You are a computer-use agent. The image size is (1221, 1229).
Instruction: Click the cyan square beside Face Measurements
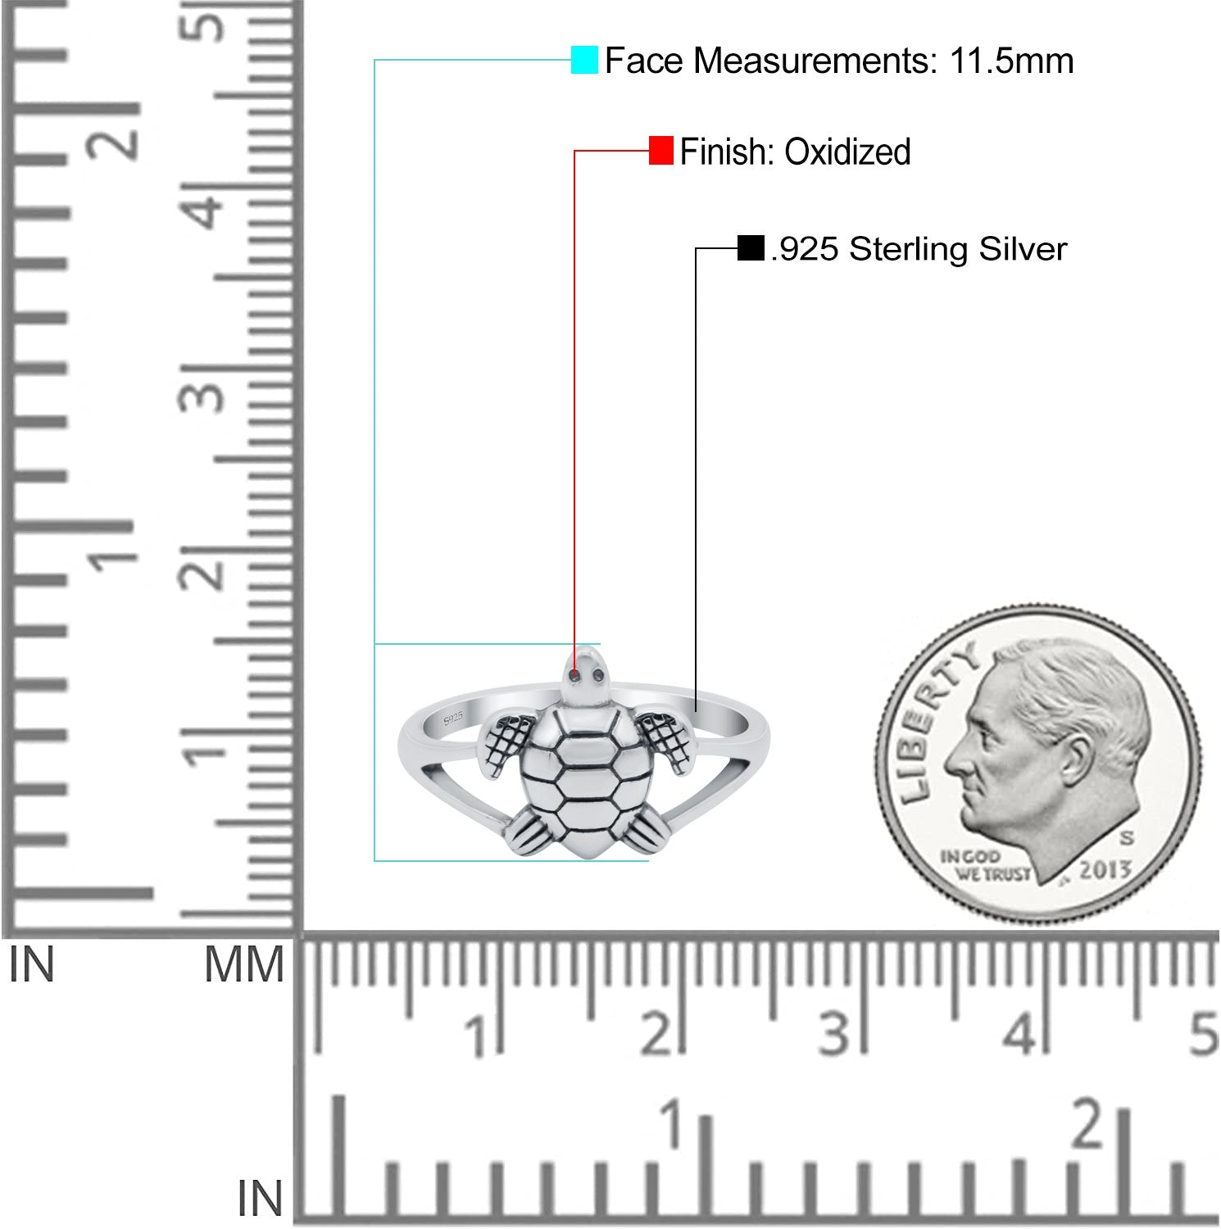[584, 60]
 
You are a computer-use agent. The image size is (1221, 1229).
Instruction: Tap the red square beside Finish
[661, 151]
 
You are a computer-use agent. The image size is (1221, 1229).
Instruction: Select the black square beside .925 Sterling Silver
[751, 247]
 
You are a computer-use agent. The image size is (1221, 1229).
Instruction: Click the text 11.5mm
[1011, 61]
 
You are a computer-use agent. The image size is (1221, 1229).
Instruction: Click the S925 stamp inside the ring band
[453, 719]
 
